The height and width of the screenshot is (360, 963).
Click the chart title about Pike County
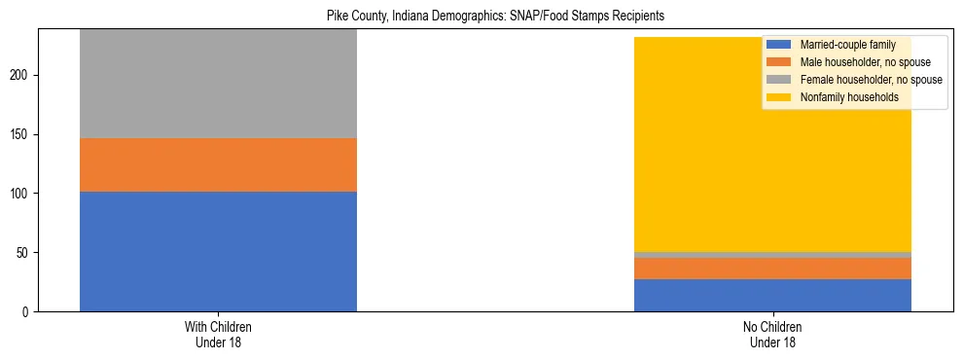(x=482, y=17)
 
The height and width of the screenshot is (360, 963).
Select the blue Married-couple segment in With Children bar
(x=218, y=251)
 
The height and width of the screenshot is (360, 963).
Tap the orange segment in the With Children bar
(x=218, y=164)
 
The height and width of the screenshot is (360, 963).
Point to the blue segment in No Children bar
(x=772, y=295)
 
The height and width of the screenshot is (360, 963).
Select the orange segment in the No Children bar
(x=772, y=269)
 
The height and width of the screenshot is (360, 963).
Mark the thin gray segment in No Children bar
(x=772, y=255)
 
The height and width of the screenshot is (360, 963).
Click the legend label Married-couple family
(x=846, y=45)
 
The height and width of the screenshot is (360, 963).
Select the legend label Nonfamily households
(x=843, y=97)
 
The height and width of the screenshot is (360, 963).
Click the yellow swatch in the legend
(x=779, y=97)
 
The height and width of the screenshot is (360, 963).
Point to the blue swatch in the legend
(x=779, y=45)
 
